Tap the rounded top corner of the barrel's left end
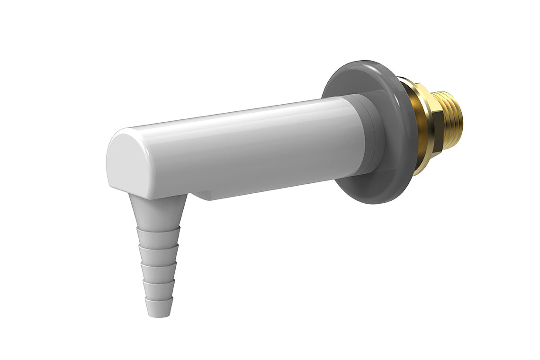(x=118, y=137)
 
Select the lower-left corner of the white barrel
(x=111, y=185)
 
